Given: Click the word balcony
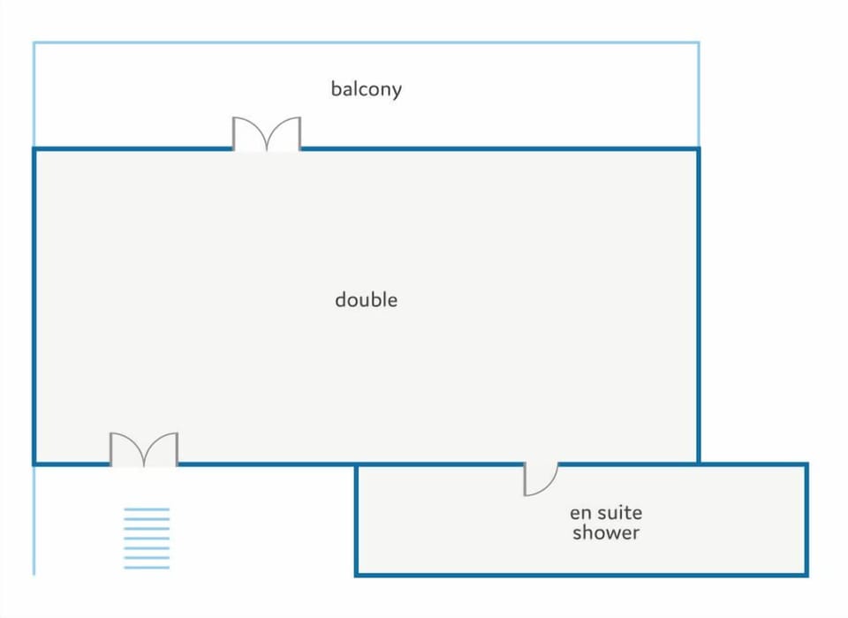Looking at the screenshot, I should pos(366,89).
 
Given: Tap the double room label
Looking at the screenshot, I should pos(366,300).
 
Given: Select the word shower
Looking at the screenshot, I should pos(605,532).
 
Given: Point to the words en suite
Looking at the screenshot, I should pos(605,512).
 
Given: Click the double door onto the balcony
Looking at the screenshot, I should pos(267,134).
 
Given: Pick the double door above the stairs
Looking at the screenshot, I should pos(144,449).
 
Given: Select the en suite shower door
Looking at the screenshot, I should pos(540,479).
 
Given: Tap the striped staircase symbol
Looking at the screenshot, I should pos(146,538).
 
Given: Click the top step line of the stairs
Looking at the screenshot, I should pos(146,509).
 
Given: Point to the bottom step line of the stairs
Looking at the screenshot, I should pos(146,567).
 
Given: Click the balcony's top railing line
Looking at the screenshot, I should pos(366,42).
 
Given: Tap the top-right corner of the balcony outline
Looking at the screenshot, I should pos(699,42).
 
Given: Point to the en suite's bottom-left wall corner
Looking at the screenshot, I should pos(356,575).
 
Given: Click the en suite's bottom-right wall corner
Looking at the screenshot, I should pos(806,575).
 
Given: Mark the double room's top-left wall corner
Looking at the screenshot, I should pos(34,149).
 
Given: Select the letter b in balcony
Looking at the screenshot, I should pos(336,89).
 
